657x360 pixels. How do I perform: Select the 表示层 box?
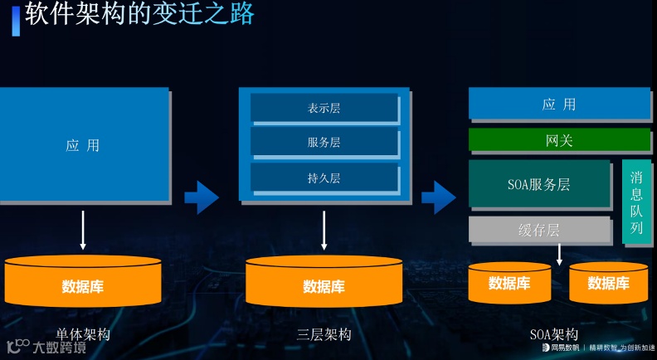coord(324,108)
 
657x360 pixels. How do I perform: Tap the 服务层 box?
coord(324,143)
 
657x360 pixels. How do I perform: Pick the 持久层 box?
coord(324,178)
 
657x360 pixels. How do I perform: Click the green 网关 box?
coord(559,140)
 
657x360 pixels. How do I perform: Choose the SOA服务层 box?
coord(539,184)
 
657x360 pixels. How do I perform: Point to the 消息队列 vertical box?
coord(636,202)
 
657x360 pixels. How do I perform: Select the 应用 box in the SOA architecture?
coord(559,105)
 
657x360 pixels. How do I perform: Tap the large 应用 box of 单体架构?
coord(83,145)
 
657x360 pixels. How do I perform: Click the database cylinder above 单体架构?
coord(83,282)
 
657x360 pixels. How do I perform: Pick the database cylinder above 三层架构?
coord(324,282)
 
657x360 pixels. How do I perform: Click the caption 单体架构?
coord(83,335)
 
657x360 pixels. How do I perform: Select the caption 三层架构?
coord(324,335)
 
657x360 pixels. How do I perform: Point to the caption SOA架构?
coord(554,335)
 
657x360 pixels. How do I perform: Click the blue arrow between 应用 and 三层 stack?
coord(202,197)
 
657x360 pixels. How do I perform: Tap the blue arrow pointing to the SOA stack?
coord(439,197)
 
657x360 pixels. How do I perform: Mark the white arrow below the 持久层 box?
coord(324,230)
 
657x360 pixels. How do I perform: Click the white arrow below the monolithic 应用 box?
coord(83,230)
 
